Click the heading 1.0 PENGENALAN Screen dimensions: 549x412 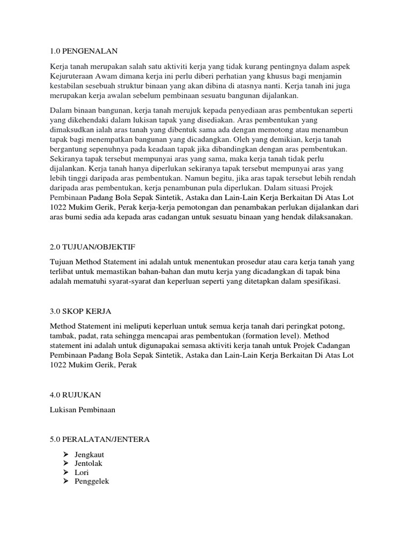click(x=83, y=51)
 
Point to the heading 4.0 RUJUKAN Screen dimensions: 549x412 click(x=75, y=395)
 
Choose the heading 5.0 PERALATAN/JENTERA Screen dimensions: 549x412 click(x=99, y=440)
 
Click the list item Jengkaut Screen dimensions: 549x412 click(x=89, y=454)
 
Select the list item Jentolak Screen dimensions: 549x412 click(x=88, y=463)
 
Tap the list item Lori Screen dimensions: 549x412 click(x=82, y=472)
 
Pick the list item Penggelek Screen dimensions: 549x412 click(x=92, y=481)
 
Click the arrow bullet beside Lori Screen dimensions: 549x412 click(x=66, y=472)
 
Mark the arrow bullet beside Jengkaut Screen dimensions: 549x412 click(x=66, y=454)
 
